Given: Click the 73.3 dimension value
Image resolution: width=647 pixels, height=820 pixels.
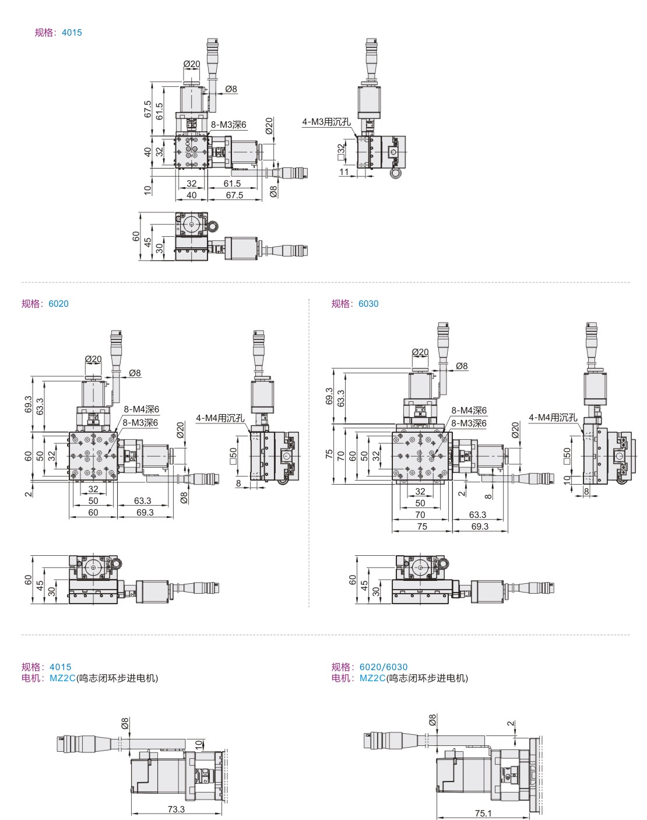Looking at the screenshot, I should click(176, 809).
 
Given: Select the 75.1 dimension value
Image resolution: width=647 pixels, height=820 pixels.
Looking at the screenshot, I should click(483, 813).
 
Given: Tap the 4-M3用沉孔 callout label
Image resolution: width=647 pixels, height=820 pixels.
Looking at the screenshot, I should click(326, 122).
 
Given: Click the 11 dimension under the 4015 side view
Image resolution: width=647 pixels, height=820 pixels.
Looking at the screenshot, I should click(344, 172).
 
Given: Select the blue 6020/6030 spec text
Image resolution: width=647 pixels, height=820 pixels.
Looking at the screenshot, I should click(384, 667).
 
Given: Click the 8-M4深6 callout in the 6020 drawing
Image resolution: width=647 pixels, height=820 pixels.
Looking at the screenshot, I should click(141, 409).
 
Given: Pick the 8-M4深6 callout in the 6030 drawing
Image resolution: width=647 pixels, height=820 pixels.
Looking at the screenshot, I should click(469, 411).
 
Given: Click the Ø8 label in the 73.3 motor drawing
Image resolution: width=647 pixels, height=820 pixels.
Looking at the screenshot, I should click(125, 723).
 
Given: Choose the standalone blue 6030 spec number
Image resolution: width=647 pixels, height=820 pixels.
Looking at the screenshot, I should click(368, 303).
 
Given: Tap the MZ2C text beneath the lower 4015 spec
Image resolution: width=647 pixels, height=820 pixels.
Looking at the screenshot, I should click(62, 678).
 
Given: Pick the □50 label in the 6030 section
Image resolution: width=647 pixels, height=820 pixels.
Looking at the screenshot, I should click(567, 456).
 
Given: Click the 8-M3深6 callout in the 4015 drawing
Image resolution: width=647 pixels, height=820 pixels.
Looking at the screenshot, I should click(228, 125).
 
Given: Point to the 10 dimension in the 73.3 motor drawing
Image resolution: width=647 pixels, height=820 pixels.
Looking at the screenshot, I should click(199, 745).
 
